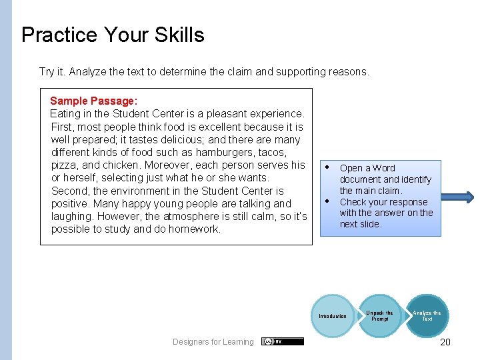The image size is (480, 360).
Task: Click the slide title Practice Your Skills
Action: coord(113,35)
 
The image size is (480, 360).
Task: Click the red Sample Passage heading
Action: coord(93,101)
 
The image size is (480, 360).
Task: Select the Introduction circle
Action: coord(332,316)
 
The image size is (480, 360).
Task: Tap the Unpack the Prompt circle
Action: coord(379,316)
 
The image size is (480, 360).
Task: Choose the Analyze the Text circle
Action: coord(427,316)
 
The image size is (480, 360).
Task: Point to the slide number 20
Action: coord(445,342)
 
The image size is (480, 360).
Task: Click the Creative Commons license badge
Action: coord(282,341)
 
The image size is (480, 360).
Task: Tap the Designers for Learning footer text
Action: coord(213,342)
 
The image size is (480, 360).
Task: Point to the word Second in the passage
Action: coord(69,191)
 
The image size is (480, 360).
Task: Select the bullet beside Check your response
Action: coord(327,201)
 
